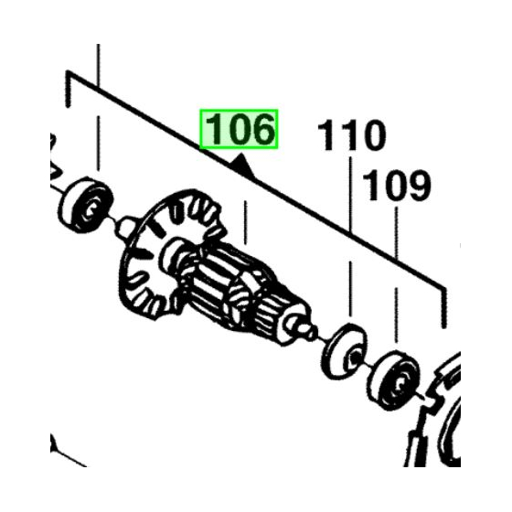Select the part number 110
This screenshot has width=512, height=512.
click(352, 138)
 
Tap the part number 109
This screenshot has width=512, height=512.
click(397, 187)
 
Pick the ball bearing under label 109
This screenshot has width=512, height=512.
click(394, 375)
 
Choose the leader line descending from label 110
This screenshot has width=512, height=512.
click(351, 238)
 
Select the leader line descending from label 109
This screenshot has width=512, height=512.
click(395, 274)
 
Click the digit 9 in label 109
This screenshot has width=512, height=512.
click(416, 187)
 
